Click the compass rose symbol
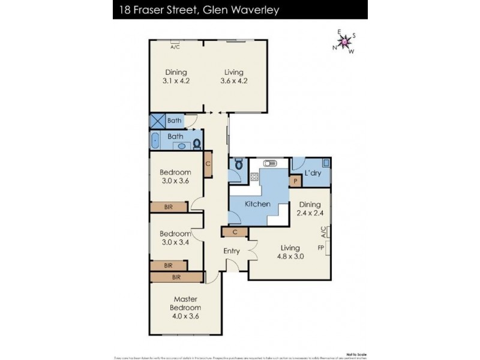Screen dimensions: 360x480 click(x=345, y=41)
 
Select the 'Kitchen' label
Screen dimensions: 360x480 click(x=257, y=205)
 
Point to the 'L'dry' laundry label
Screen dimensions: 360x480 click(x=311, y=173)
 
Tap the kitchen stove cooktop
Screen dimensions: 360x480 click(x=254, y=176)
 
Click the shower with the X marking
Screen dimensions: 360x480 click(x=157, y=121)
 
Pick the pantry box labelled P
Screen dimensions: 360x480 click(x=295, y=181)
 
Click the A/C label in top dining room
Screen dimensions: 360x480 click(x=175, y=46)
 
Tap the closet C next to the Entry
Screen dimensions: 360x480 click(x=235, y=232)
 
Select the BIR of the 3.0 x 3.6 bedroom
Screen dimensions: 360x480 click(x=170, y=207)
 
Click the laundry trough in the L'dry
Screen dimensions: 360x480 click(x=325, y=162)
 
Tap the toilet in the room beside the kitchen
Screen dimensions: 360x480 click(x=238, y=164)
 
